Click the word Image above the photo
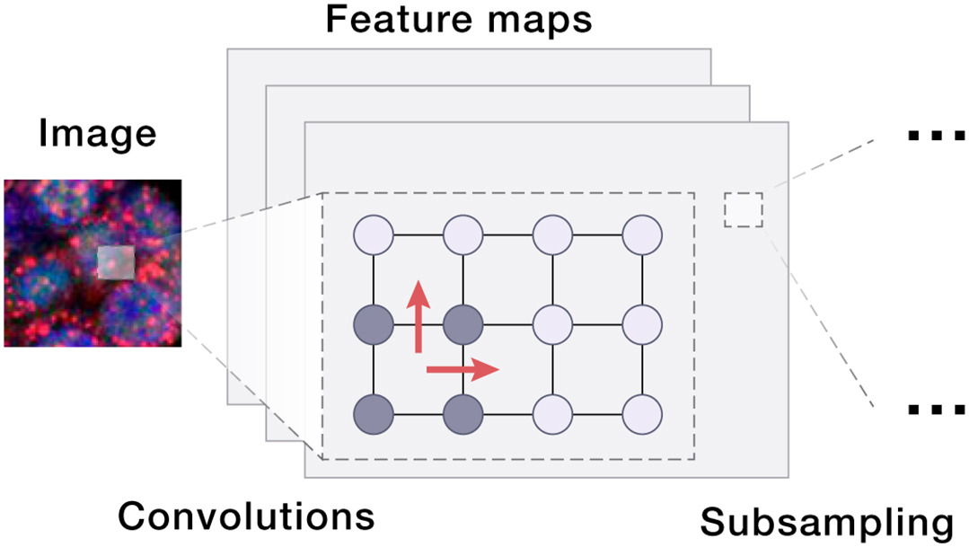97,135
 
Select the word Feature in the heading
386,19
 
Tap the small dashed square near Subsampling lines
744,209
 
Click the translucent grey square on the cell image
116,262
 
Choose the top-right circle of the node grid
642,235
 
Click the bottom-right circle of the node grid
642,413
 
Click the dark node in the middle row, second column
463,323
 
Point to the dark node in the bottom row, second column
463,413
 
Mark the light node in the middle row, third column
552,323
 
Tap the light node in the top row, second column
463,235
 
